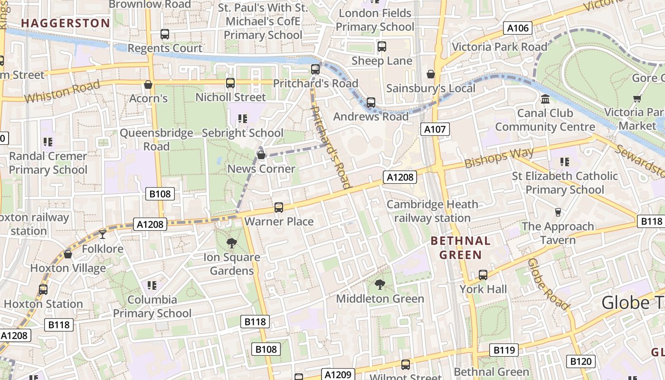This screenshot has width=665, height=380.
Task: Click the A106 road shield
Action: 518,28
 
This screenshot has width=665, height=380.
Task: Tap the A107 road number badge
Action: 435,129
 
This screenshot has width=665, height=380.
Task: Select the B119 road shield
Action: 504,350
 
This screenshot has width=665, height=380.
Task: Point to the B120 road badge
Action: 581,361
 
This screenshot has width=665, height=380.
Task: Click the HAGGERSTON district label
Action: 66,23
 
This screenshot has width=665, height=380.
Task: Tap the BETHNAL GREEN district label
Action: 460,248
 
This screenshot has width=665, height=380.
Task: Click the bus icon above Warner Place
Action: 279,208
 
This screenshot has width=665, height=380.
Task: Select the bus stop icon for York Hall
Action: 483,275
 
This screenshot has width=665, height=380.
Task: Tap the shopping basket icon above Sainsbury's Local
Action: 431,74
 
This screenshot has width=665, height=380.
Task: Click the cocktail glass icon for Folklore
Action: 103,234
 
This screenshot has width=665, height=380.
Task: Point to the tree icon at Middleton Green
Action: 380,285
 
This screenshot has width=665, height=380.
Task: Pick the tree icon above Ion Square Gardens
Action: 232,243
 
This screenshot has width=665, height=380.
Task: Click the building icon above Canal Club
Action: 545,99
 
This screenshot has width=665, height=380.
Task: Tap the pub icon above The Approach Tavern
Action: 558,212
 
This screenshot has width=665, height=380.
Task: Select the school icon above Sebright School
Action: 243,119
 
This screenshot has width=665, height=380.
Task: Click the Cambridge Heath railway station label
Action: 432,211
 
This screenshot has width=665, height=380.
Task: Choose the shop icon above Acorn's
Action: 148,85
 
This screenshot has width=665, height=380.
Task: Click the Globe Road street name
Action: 548,284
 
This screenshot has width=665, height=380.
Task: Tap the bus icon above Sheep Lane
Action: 382,47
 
